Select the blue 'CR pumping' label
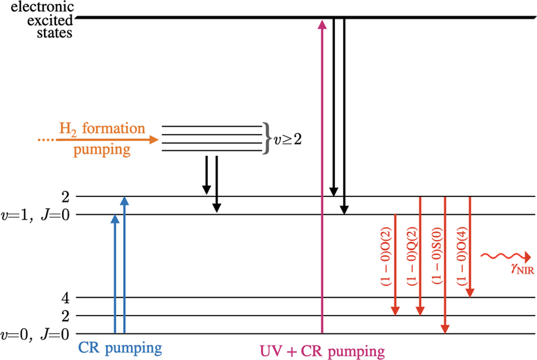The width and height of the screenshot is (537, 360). click(x=120, y=347)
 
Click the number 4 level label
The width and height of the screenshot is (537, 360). click(x=67, y=297)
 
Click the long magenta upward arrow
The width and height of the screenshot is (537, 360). click(x=322, y=179)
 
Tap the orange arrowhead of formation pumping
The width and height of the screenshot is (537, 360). click(x=153, y=140)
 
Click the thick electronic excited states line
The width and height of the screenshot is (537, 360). click(x=304, y=18)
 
